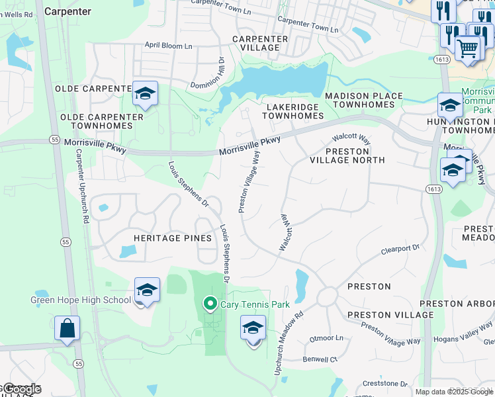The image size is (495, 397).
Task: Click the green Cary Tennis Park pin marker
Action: pyautogui.click(x=210, y=304)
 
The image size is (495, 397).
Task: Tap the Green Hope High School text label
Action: pyautogui.click(x=81, y=300)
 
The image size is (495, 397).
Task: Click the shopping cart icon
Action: pyautogui.click(x=468, y=48)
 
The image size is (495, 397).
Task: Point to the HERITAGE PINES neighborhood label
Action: pyautogui.click(x=172, y=238)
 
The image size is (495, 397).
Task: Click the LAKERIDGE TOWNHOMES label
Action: pyautogui.click(x=292, y=110)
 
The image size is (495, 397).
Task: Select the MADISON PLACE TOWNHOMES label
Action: pyautogui.click(x=363, y=100)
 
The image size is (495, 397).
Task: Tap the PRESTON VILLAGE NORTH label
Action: pyautogui.click(x=347, y=155)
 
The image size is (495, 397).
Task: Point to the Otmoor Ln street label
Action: pyautogui.click(x=327, y=338)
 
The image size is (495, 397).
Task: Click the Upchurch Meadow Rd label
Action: pyautogui.click(x=289, y=343)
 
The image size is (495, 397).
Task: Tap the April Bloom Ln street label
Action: pyautogui.click(x=169, y=46)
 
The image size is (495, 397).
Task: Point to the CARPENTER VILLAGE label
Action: pyautogui.click(x=260, y=44)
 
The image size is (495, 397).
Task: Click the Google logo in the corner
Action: pyautogui.click(x=22, y=389)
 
